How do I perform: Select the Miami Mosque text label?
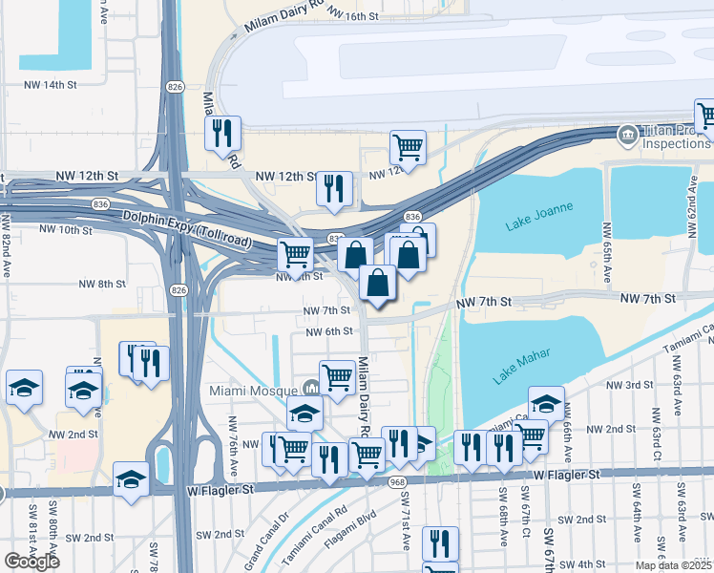pos(253,392)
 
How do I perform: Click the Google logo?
pos(31,562)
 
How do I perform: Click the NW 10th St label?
pos(64,229)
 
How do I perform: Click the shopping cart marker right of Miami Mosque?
pos(338,377)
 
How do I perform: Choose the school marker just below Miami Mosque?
pos(304,413)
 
